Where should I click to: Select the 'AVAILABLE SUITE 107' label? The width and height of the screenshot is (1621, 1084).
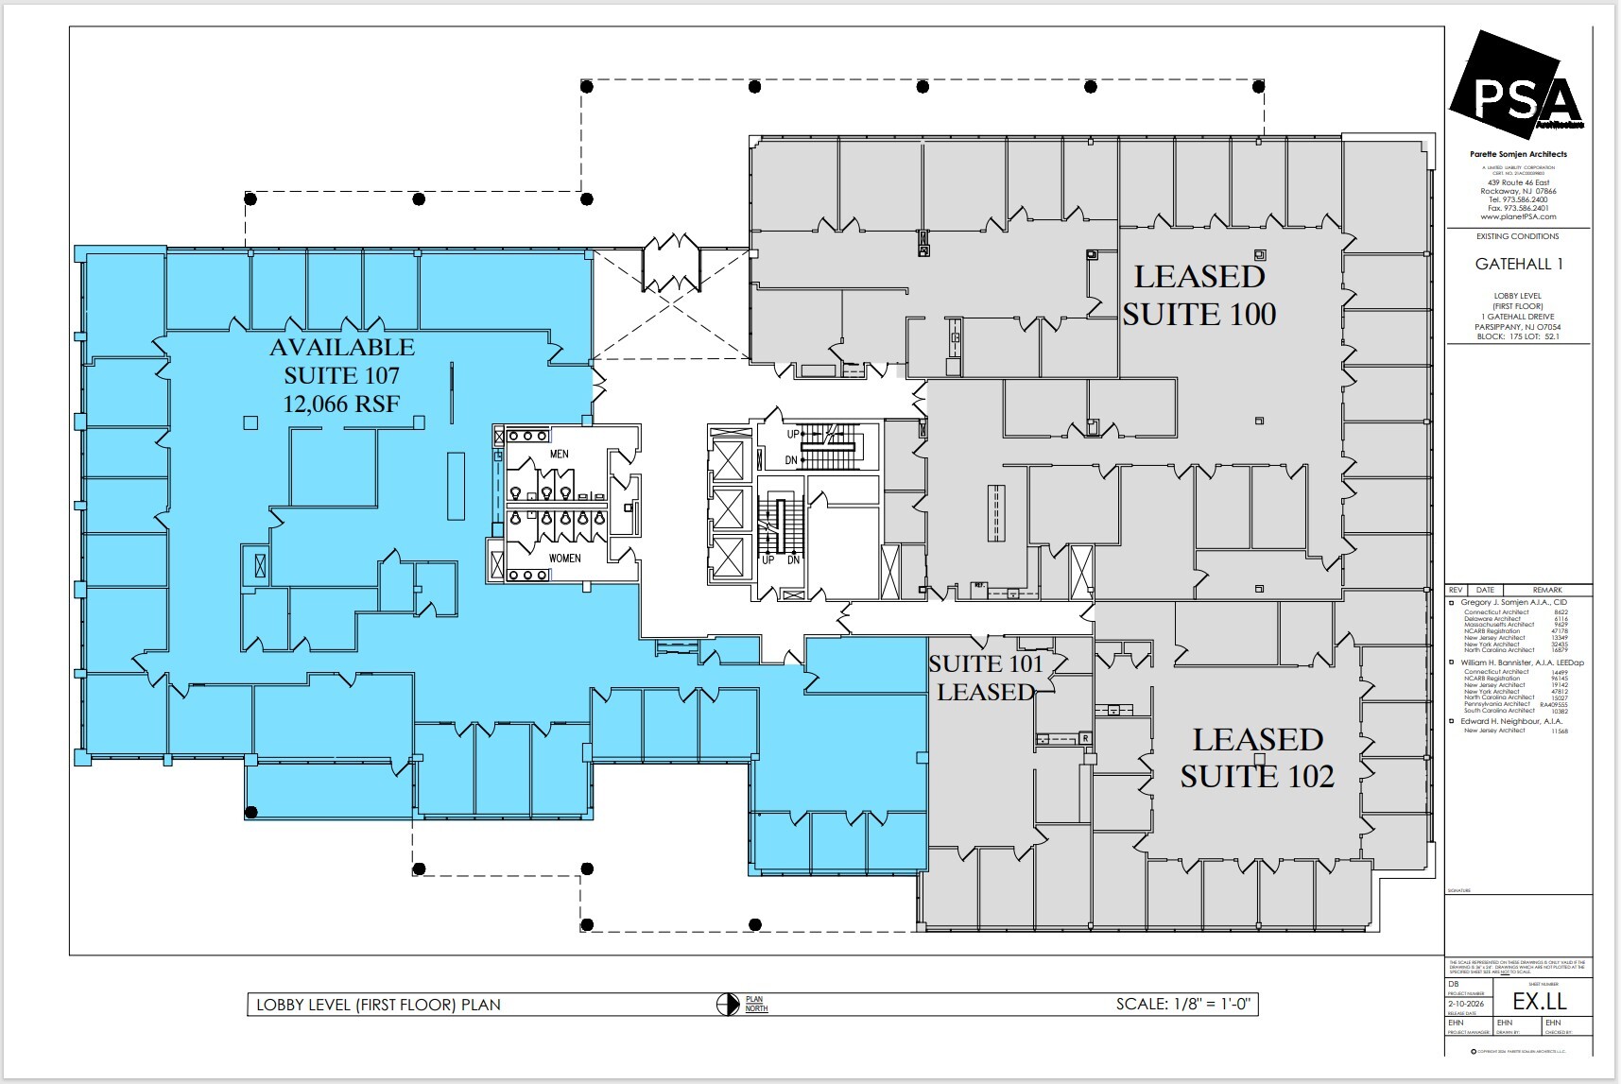pos(342,361)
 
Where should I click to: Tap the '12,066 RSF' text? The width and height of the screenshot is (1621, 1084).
pos(341,404)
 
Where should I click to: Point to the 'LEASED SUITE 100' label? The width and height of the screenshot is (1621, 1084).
pos(1199,295)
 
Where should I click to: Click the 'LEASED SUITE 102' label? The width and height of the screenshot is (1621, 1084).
pos(1257,757)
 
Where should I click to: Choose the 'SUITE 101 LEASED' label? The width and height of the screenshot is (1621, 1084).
pos(986,678)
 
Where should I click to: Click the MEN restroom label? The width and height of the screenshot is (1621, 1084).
pos(559,455)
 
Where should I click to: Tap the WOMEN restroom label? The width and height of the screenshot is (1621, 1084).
pos(564,559)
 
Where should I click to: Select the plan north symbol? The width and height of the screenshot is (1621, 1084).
pos(728,1004)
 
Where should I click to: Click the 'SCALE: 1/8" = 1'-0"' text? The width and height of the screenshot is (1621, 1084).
pos(1184,1004)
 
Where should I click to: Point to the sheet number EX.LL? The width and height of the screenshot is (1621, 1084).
pos(1539,1002)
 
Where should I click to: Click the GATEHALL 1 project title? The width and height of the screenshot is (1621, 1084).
pos(1519,265)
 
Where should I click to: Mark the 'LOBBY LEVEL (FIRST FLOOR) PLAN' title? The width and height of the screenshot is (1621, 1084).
pos(378,1005)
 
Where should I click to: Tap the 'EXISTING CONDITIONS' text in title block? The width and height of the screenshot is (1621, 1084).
pos(1517,236)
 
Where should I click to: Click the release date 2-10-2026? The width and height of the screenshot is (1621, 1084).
pos(1466,1004)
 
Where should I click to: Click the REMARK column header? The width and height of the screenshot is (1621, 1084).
pos(1546,590)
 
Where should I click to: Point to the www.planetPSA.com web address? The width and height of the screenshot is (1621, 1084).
pos(1518,216)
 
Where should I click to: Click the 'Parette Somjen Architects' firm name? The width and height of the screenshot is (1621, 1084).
pos(1518,154)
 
